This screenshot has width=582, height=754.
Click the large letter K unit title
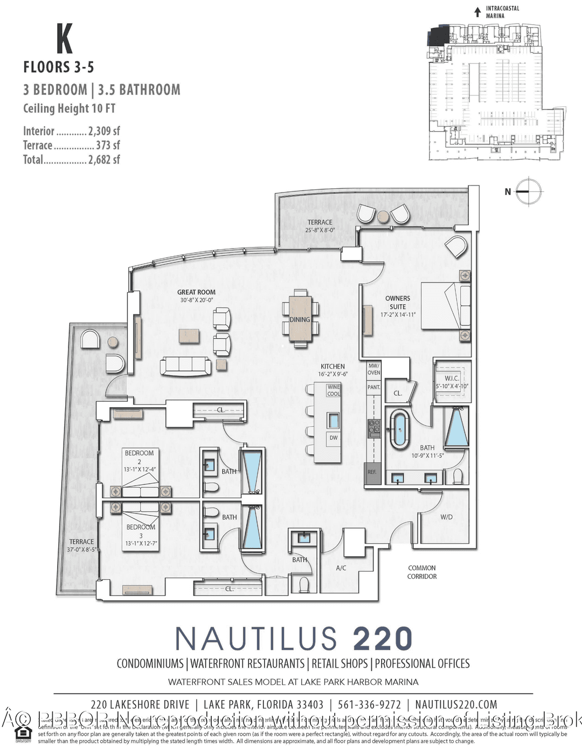[64, 39]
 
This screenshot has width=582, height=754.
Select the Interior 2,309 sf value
[104, 131]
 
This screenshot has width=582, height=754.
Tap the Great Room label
[196, 292]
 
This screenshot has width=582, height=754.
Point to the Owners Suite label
[398, 302]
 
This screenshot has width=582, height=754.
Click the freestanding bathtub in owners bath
[399, 429]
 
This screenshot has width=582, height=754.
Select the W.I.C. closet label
[452, 379]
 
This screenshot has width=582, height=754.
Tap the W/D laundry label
[446, 517]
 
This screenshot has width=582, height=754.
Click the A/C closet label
[341, 568]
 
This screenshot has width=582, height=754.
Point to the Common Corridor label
[422, 572]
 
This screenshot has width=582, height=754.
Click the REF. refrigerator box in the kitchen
[372, 472]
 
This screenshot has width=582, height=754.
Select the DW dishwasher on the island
[334, 438]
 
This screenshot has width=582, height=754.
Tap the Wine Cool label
[334, 390]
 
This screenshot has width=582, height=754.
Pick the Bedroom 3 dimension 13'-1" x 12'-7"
[141, 543]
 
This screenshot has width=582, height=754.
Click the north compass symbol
[529, 191]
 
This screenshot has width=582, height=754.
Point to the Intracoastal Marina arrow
[477, 12]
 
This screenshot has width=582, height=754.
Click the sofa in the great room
[185, 366]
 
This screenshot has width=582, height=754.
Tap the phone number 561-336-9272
[369, 704]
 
